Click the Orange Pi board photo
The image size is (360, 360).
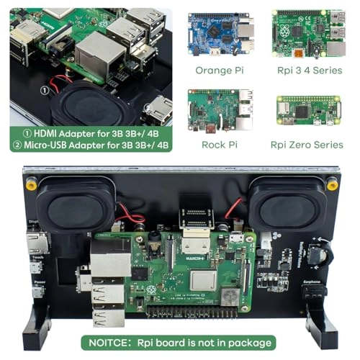(x=221, y=34)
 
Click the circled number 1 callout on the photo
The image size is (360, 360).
(x=45, y=91)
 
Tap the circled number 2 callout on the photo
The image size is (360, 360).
(x=149, y=110)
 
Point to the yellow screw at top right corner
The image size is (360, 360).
(x=332, y=185)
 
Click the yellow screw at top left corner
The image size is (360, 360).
(x=29, y=184)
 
